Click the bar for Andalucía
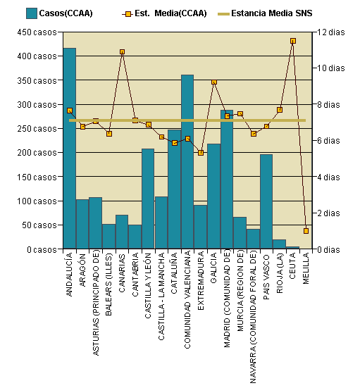(x=69, y=149)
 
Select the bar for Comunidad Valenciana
(x=187, y=162)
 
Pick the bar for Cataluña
(x=174, y=189)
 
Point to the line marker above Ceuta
(x=292, y=41)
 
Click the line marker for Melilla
(x=306, y=230)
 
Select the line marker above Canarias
(x=122, y=52)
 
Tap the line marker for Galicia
(x=214, y=82)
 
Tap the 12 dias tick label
(x=332, y=32)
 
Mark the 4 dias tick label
(x=330, y=177)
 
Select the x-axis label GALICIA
(x=214, y=272)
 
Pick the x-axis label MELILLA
(x=306, y=272)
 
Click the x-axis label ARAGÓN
(x=82, y=272)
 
